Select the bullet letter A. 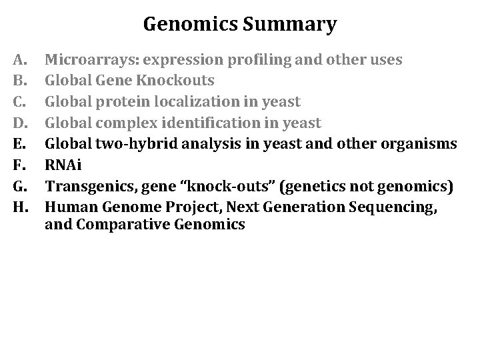click(x=19, y=60)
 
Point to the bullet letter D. click(x=19, y=123)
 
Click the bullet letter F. click(x=18, y=165)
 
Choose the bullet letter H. click(x=19, y=207)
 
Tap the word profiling click(x=251, y=60)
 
